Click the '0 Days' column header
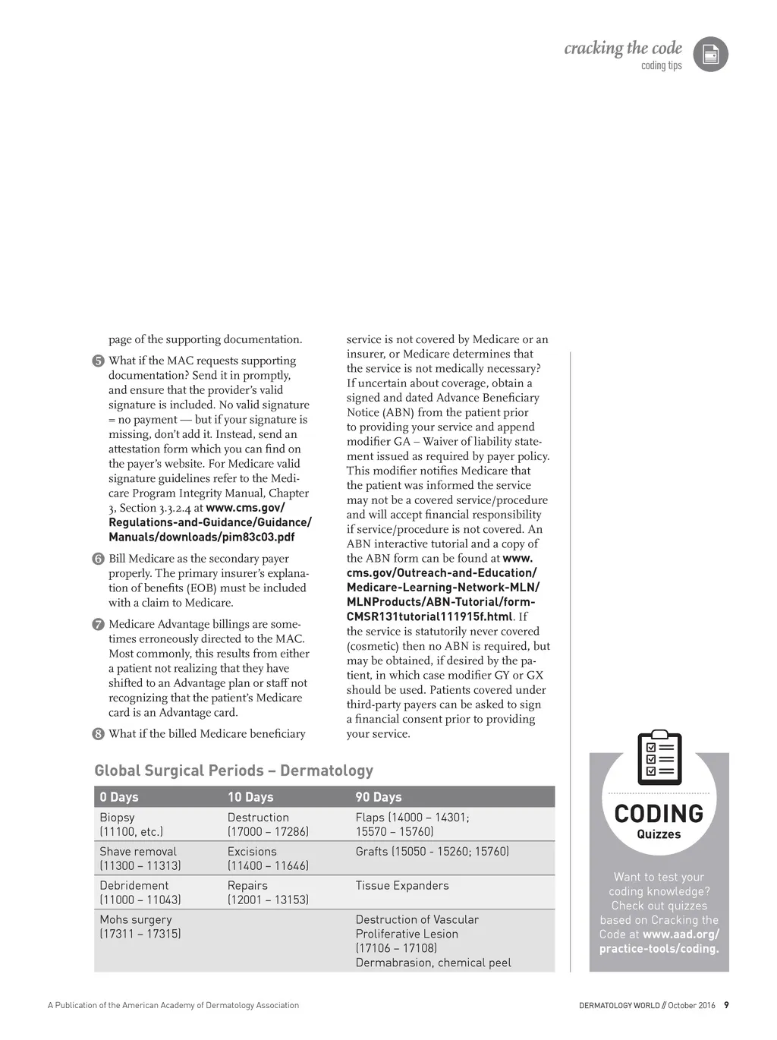(x=119, y=797)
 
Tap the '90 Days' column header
(x=379, y=797)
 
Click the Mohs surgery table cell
(x=140, y=926)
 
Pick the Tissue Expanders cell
(x=402, y=885)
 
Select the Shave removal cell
(x=140, y=858)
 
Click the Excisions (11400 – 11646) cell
(x=268, y=858)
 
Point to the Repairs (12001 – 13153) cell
(x=268, y=892)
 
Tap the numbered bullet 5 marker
(x=99, y=361)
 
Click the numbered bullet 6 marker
(x=99, y=559)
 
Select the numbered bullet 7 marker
(x=99, y=625)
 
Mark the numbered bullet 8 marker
(x=99, y=734)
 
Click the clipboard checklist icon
(x=659, y=758)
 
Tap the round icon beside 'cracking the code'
(x=711, y=55)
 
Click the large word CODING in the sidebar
(x=659, y=814)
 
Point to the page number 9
(x=726, y=1005)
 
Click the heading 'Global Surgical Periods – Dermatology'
(x=234, y=771)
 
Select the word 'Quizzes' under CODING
(x=659, y=834)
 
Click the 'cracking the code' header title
(x=623, y=49)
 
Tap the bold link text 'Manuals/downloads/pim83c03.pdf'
(x=201, y=537)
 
